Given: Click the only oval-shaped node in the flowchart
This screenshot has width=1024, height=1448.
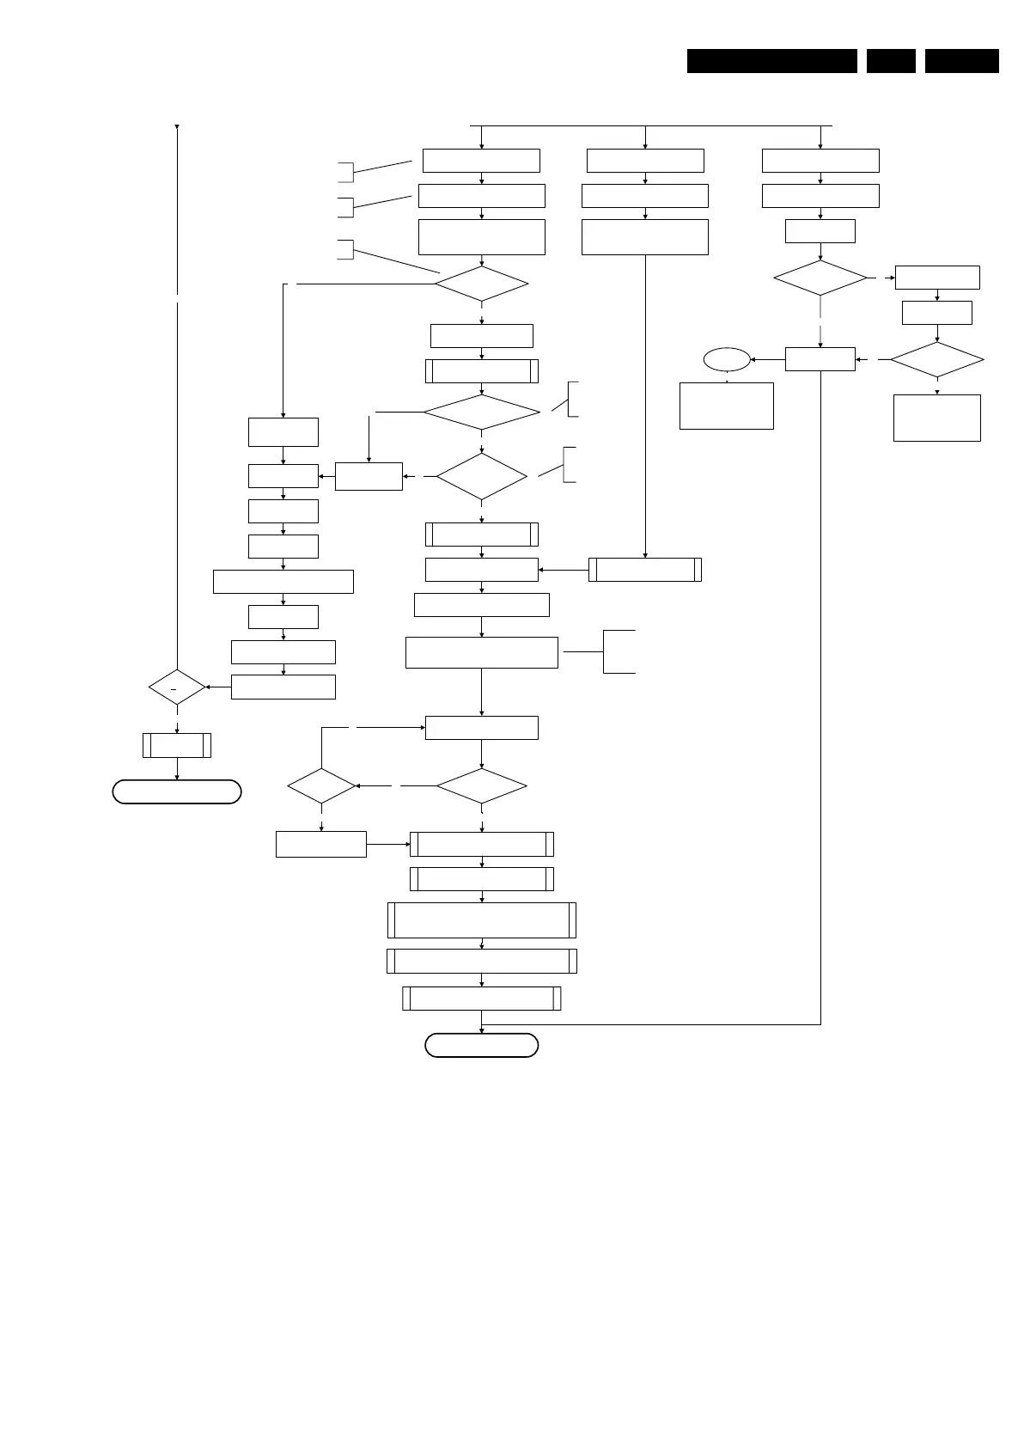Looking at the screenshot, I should click(726, 359).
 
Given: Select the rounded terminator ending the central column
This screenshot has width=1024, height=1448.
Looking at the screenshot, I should click(481, 1045).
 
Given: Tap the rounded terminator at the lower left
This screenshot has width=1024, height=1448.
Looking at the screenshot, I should click(176, 791).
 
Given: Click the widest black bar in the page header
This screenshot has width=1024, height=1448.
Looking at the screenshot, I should click(771, 61).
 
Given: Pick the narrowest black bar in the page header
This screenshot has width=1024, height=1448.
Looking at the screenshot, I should click(891, 61).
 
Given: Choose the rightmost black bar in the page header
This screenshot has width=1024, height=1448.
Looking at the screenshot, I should click(961, 61).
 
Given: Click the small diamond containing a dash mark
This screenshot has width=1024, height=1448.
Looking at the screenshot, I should click(177, 687).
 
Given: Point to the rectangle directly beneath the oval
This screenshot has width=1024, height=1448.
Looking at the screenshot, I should click(726, 406).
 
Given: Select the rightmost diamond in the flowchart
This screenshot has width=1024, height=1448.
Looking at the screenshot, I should click(936, 359).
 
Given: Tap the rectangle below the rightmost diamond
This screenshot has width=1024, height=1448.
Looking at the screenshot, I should click(936, 418).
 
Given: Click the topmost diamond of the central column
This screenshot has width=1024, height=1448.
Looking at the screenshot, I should click(481, 284).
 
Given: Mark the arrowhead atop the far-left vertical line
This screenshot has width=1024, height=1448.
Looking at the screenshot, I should click(177, 128).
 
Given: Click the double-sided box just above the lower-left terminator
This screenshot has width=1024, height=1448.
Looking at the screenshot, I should click(177, 745).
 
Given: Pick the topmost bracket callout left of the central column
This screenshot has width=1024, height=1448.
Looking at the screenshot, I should click(345, 171).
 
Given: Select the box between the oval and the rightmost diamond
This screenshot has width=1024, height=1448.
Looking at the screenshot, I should click(820, 359).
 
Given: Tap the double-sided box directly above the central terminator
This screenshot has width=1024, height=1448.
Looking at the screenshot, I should click(481, 998).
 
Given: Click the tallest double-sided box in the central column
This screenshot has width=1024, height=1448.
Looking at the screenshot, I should click(481, 920).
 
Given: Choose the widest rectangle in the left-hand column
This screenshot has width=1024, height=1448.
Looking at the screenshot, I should click(283, 581).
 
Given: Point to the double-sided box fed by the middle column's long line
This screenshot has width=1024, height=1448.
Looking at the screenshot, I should click(644, 570).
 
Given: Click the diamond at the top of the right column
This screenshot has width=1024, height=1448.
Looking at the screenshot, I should click(820, 278).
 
